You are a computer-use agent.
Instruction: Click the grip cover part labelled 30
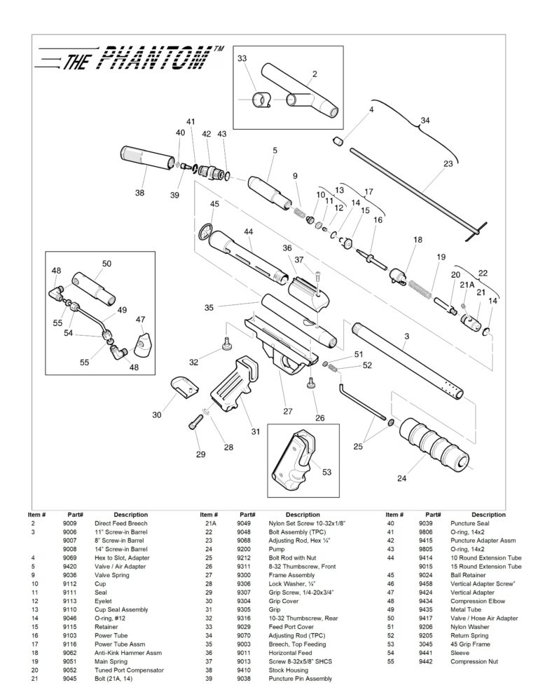(185, 387)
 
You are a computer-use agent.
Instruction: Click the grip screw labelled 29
(196, 423)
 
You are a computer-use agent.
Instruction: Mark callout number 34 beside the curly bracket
(424, 121)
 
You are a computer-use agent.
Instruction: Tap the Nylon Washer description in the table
(469, 626)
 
